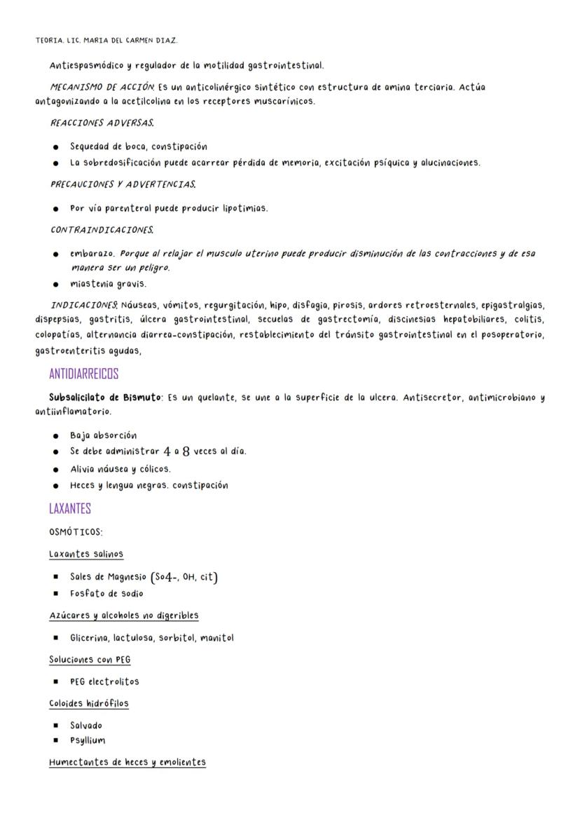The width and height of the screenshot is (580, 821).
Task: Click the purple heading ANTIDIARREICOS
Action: (x=83, y=374)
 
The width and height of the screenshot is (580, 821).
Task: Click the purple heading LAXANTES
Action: (x=70, y=508)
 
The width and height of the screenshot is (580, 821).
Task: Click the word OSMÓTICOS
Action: (x=76, y=532)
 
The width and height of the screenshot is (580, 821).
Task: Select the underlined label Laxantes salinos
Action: (x=86, y=554)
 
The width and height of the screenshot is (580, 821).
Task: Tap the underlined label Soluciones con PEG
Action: (x=90, y=660)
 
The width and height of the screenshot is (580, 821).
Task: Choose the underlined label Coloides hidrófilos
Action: (x=89, y=703)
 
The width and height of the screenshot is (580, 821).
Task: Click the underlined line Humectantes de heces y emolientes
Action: (x=127, y=762)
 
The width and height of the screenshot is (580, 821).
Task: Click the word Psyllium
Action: (x=88, y=740)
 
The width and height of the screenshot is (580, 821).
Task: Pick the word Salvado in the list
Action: (x=86, y=726)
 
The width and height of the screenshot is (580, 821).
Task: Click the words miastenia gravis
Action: (x=109, y=285)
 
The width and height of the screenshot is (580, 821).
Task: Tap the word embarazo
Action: (x=93, y=253)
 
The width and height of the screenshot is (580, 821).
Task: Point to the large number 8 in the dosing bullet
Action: (x=186, y=452)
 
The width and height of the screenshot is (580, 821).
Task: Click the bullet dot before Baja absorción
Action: (x=56, y=436)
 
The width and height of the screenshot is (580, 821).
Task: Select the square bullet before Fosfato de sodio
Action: (x=55, y=593)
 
